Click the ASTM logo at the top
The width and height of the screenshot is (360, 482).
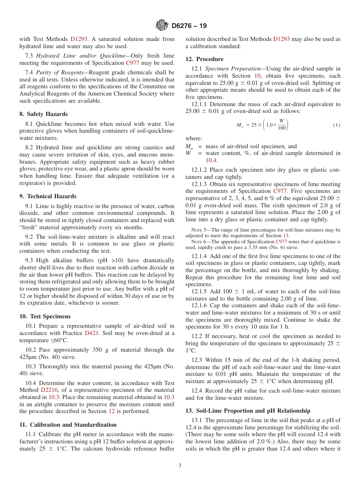(x=162, y=26)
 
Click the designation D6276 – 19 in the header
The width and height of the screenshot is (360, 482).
(x=189, y=26)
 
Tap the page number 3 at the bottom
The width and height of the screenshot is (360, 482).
(x=180, y=466)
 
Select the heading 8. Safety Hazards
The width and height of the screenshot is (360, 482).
(x=44, y=114)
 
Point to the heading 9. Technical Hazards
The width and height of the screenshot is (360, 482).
(x=48, y=196)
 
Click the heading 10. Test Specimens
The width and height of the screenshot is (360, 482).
(x=45, y=316)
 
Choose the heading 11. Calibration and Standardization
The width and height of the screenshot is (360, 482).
(x=68, y=425)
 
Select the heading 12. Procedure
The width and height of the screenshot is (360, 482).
(x=204, y=59)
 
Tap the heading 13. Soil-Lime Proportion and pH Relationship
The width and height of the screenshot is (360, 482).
(x=247, y=411)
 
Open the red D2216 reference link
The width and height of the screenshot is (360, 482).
(x=48, y=390)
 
